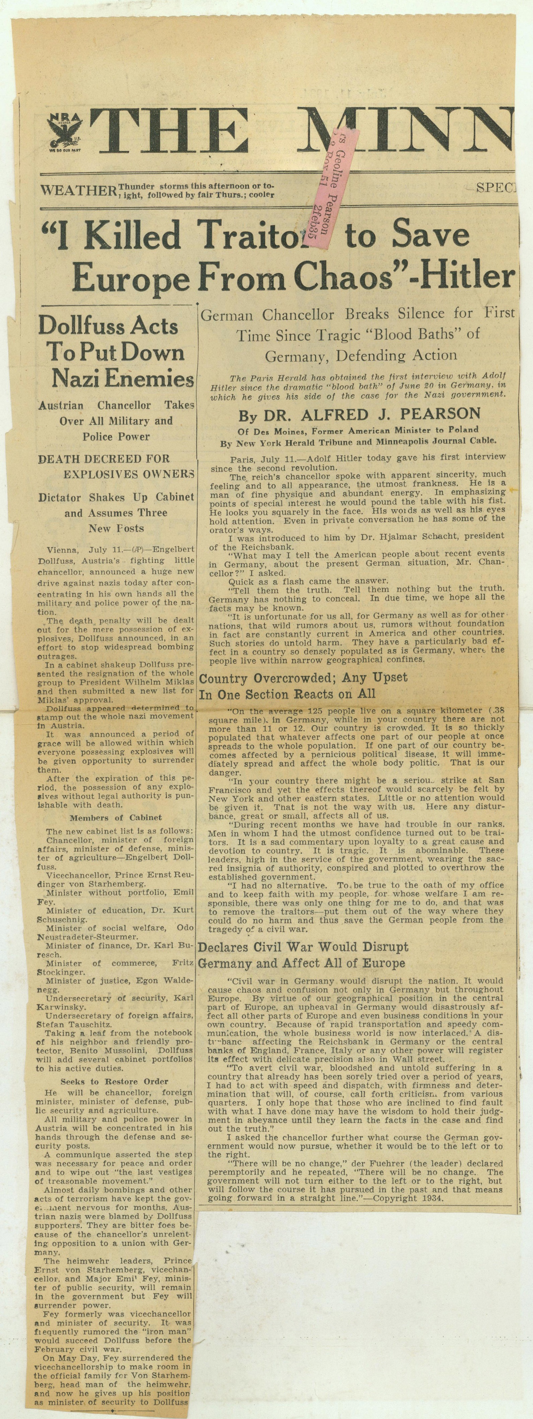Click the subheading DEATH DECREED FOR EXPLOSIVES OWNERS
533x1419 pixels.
[116, 466]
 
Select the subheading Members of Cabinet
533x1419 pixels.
[116, 817]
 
